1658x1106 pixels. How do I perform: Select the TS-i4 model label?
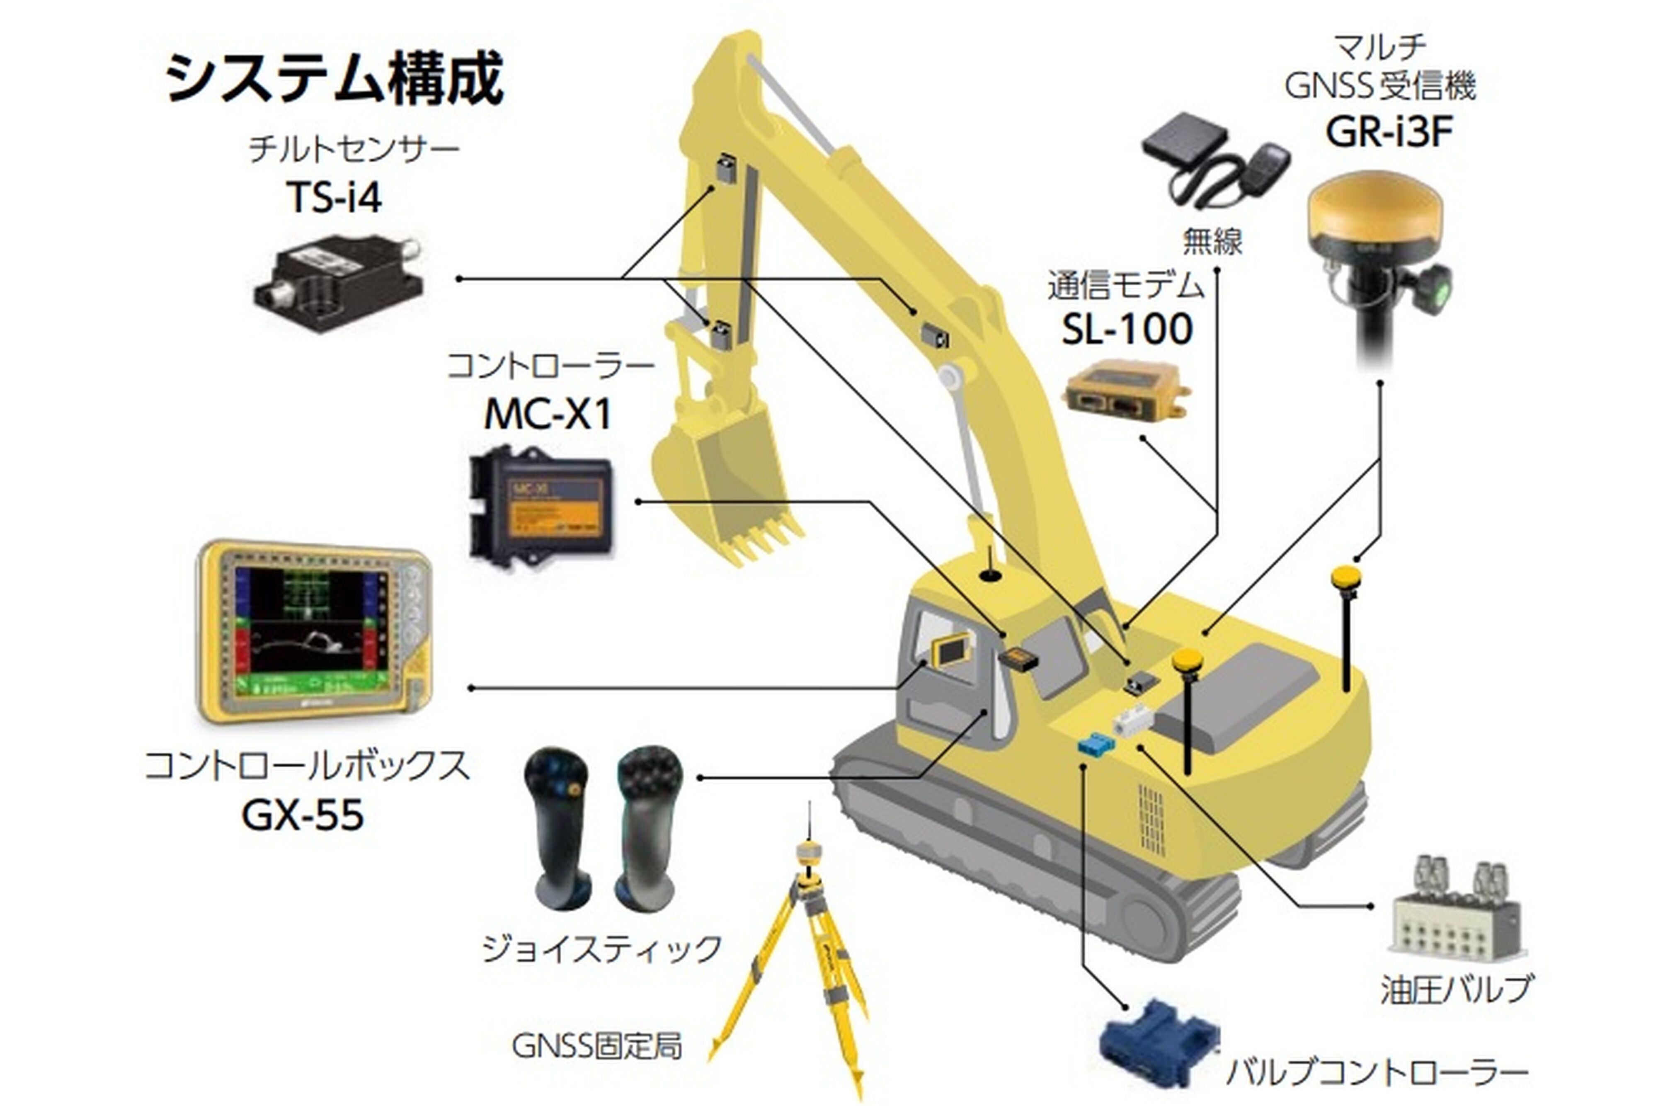coord(334,197)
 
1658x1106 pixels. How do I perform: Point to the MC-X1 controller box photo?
coord(540,502)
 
